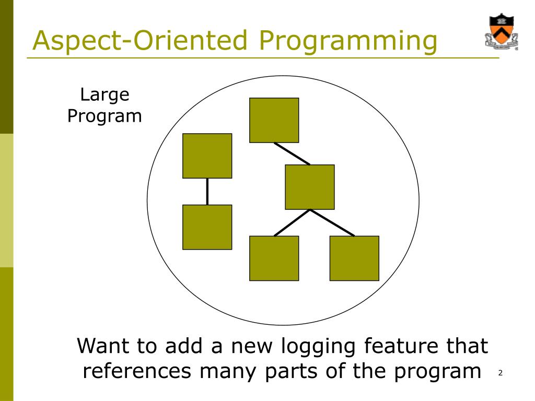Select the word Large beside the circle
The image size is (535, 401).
pos(104,95)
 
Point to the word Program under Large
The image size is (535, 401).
pos(104,115)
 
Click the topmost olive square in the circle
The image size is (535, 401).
pos(274,120)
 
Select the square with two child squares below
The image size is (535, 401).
pos(310,187)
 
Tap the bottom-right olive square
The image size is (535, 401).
pos(354,258)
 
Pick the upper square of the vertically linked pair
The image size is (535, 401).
pos(207,156)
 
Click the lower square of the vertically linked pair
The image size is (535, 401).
pos(207,227)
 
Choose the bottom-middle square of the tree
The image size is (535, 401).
pos(274,258)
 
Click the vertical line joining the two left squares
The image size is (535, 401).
pos(207,191)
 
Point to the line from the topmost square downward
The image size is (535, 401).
pos(292,153)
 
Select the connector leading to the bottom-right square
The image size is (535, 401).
pos(332,223)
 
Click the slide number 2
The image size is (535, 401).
pos(500,373)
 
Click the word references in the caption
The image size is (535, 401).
pos(137,371)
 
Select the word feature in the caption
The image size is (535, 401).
pos(403,346)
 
